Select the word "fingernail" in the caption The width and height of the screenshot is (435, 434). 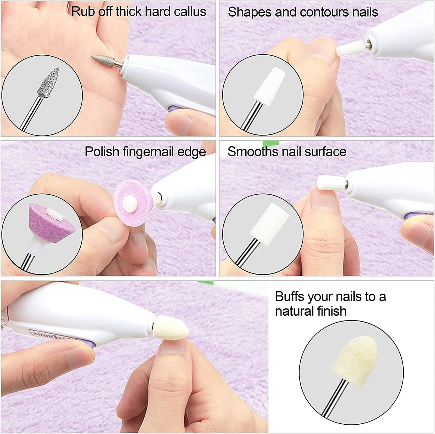coord(148,152)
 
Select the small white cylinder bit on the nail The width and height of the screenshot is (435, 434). coord(330,182)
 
